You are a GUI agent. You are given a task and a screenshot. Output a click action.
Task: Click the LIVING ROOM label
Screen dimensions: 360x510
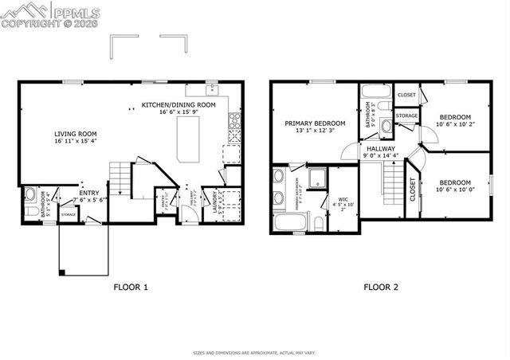point(75,134)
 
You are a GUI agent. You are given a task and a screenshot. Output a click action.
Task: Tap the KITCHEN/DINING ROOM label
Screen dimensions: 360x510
point(178,105)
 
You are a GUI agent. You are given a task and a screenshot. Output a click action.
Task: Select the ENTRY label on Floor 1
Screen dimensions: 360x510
point(88,193)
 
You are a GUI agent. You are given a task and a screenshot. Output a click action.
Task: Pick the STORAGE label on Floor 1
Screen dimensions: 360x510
point(69,214)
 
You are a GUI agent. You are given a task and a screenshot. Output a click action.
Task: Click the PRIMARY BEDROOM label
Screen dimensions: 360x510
point(315,123)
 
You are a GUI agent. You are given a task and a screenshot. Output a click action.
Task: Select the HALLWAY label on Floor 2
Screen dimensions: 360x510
point(377,148)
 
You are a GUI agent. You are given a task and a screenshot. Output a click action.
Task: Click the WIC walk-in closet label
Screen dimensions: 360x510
point(343,200)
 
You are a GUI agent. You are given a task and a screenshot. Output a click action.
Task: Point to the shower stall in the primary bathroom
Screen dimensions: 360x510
point(316,178)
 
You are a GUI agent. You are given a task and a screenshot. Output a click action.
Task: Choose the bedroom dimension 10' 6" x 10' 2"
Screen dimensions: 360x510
point(456,124)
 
